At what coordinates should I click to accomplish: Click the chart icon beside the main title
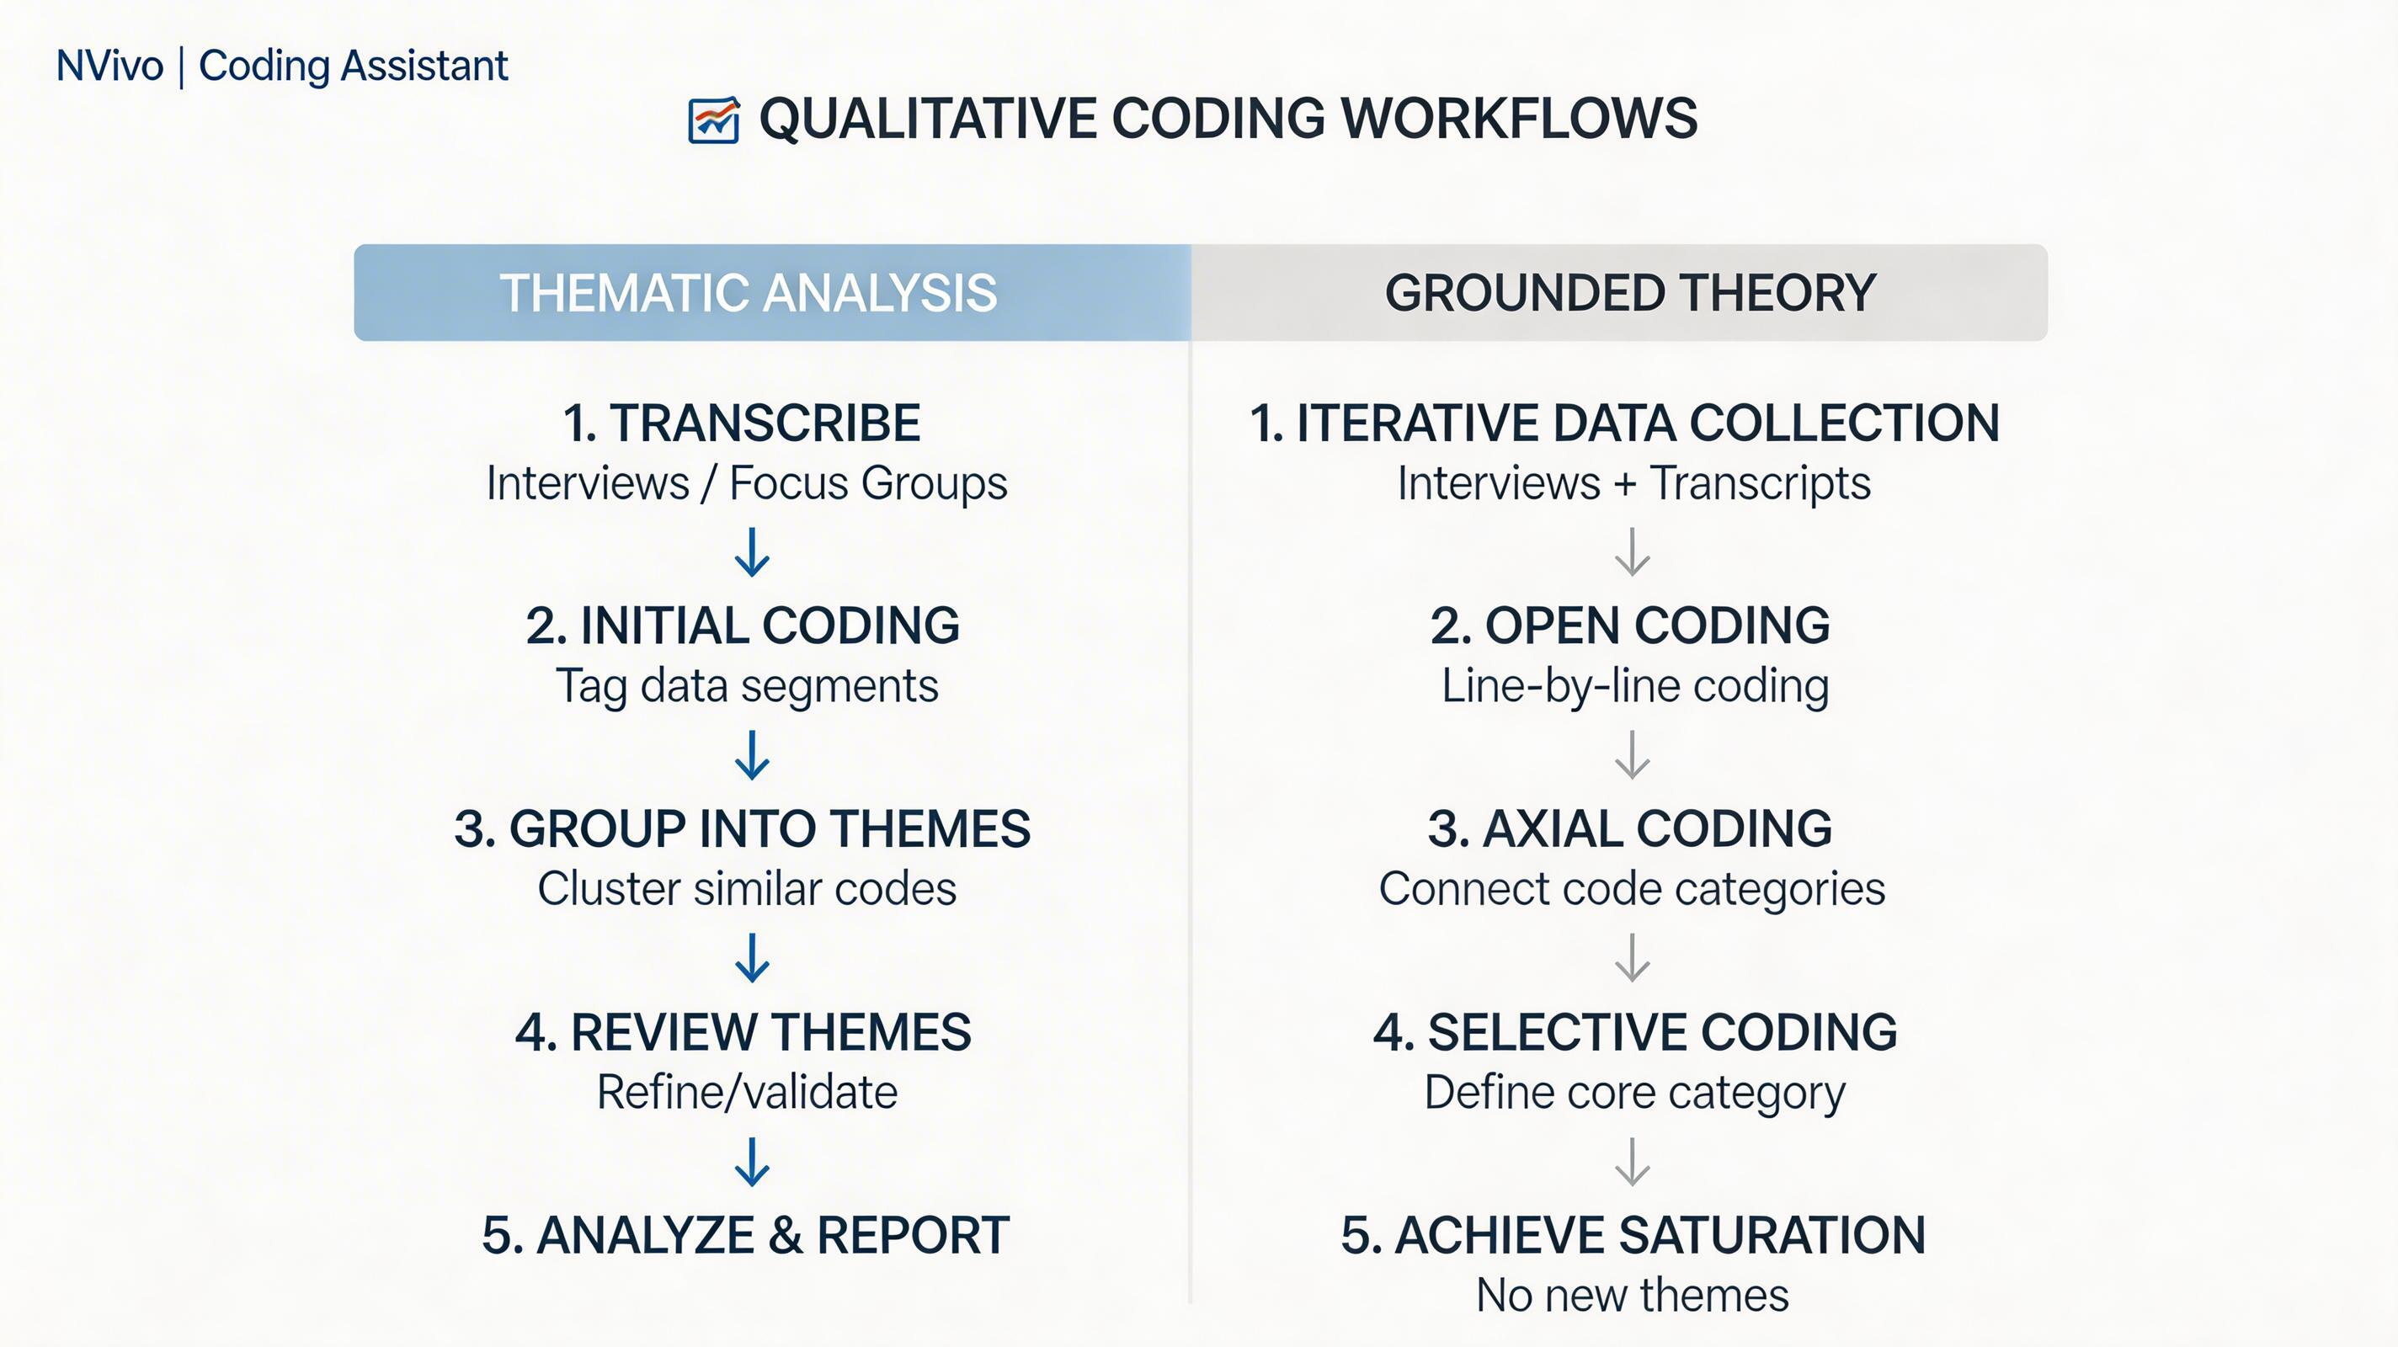[x=714, y=120]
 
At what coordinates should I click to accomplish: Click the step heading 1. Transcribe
[x=742, y=423]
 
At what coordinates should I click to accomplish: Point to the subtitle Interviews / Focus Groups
[x=747, y=483]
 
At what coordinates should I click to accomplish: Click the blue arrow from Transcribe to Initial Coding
[x=752, y=552]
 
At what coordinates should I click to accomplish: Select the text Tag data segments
[x=747, y=687]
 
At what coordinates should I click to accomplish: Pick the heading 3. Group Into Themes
[x=742, y=828]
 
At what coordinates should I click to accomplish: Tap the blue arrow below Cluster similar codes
[x=752, y=958]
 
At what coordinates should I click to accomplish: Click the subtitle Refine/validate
[x=747, y=1092]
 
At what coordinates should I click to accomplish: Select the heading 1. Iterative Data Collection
[x=1624, y=423]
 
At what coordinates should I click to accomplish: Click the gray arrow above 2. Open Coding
[x=1633, y=552]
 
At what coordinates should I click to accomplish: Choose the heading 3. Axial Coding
[x=1630, y=828]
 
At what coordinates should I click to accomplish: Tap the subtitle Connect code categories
[x=1632, y=889]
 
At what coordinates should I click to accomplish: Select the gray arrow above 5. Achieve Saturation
[x=1633, y=1162]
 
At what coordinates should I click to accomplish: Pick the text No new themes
[x=1633, y=1295]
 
